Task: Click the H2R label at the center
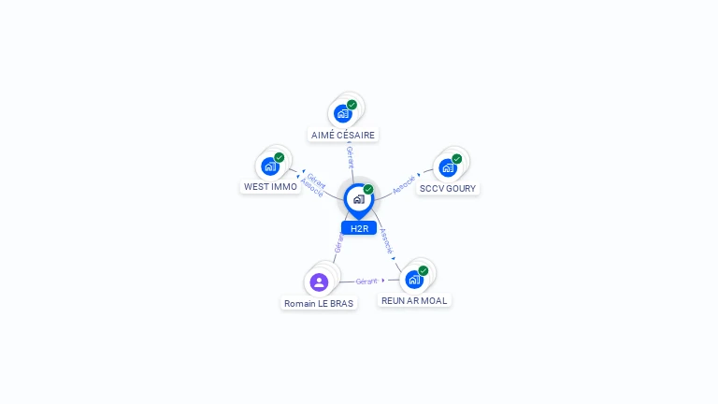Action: click(359, 228)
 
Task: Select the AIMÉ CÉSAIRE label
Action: click(343, 135)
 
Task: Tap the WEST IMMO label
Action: click(270, 186)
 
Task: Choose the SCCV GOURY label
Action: click(448, 188)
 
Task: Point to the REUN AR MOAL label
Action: click(414, 300)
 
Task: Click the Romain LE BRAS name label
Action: click(319, 303)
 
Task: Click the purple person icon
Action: click(319, 281)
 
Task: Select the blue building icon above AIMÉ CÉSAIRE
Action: click(342, 113)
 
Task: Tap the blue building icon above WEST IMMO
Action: click(270, 166)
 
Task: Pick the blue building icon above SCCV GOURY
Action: click(447, 167)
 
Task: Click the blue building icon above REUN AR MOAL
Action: click(413, 279)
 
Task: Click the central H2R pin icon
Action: click(358, 199)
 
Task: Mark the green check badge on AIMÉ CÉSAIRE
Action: click(352, 105)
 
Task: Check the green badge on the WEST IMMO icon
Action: click(280, 157)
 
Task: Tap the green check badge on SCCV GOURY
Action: click(457, 159)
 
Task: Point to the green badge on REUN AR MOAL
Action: click(424, 270)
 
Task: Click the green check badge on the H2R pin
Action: click(368, 189)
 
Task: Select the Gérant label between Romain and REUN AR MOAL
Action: click(366, 281)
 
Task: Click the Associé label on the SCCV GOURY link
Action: click(404, 185)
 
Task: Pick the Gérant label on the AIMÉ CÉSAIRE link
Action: click(350, 156)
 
